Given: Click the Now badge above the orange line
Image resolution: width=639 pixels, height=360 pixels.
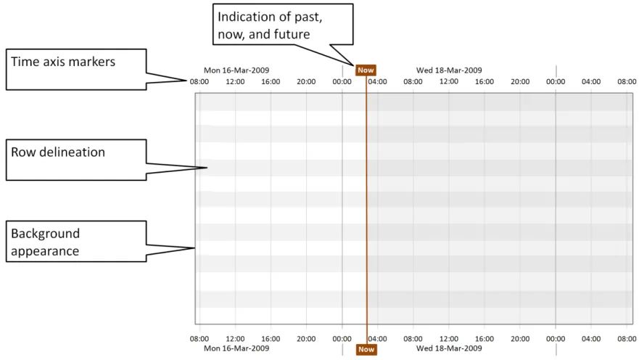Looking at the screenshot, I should pos(366,70).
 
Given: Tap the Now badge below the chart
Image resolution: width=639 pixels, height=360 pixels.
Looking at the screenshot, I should pos(366,349).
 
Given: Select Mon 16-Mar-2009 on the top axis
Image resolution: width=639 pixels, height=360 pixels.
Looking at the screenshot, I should pos(236,70).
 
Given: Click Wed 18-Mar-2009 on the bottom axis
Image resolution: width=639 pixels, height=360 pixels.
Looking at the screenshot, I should pos(449,348).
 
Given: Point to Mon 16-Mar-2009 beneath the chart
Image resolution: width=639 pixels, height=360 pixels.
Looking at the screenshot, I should pos(236,348).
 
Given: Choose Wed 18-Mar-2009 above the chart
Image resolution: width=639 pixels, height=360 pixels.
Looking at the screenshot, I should pos(449,70).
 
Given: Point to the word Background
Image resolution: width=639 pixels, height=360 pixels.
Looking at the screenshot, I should pos(45,234).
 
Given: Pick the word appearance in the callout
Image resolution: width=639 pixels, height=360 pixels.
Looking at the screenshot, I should pos(45,251).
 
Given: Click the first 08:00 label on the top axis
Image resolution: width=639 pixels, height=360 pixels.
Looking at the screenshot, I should pos(199,81).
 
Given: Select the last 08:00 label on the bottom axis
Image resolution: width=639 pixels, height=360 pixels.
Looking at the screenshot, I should pos(627,338).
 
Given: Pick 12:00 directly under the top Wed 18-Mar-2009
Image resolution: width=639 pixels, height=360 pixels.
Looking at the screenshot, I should pos(449,81).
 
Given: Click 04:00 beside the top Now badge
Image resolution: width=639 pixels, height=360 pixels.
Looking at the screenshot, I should pos(378,81).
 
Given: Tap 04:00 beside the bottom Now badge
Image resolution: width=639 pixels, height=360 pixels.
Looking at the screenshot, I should pos(378,338).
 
